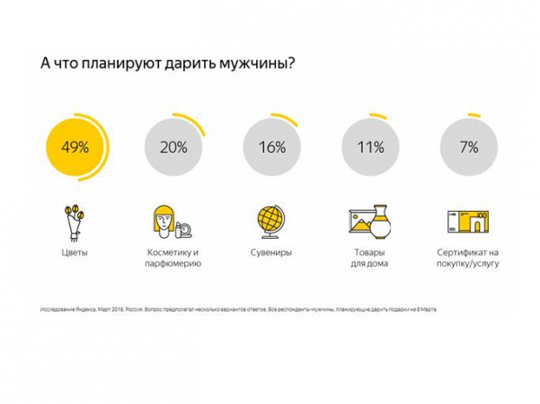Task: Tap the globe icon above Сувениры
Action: pyautogui.click(x=271, y=221)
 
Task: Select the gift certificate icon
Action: pyautogui.click(x=468, y=221)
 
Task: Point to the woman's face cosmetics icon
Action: pyautogui.click(x=165, y=221)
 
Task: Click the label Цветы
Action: pyautogui.click(x=75, y=253)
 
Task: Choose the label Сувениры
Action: pyautogui.click(x=271, y=253)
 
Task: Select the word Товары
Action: pyautogui.click(x=369, y=253)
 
